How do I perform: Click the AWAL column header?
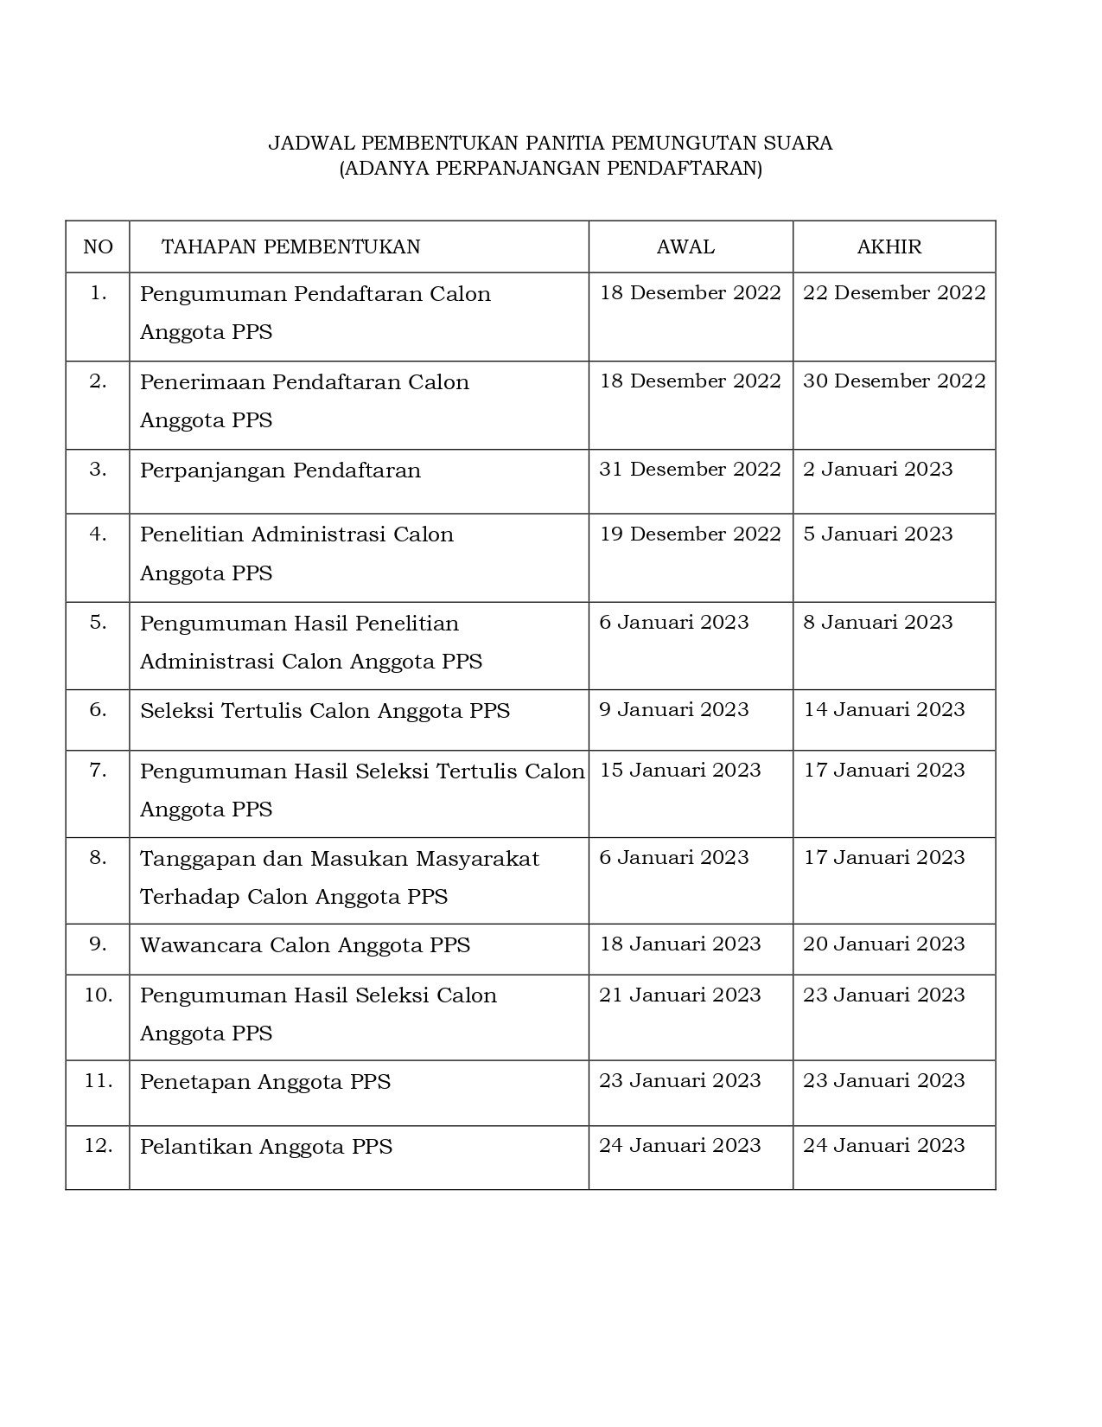coord(685,247)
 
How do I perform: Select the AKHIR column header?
coord(889,247)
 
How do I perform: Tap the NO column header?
coord(98,247)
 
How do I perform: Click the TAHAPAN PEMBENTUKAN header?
coord(290,247)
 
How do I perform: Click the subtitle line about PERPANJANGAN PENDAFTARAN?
coord(550,168)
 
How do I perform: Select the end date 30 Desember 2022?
coord(894,381)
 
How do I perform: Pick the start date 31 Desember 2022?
coord(690,470)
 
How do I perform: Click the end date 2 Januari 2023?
coord(877,470)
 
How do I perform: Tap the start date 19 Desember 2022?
coord(690,534)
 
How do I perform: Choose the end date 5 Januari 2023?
coord(877,534)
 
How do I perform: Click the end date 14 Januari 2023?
coord(883,710)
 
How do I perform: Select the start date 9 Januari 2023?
coord(673,710)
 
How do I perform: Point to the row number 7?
coord(98,770)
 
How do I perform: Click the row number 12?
coord(98,1146)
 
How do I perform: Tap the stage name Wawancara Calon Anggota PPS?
coord(305,945)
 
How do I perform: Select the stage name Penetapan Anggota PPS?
coord(265,1082)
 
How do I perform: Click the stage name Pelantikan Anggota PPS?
coord(266,1147)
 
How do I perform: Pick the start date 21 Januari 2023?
coord(679,995)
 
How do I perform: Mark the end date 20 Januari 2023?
coord(883,944)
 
